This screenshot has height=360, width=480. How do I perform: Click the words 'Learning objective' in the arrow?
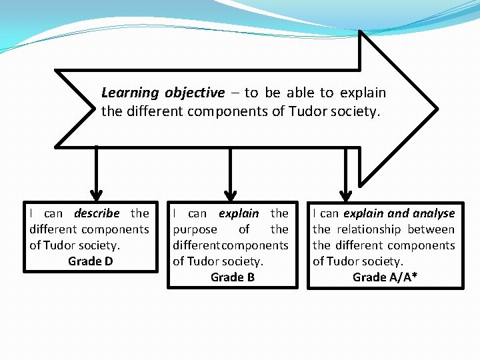163,93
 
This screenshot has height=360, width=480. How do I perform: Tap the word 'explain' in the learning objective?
363,93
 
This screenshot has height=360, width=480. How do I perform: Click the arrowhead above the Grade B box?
230,194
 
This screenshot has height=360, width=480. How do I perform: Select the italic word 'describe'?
97,213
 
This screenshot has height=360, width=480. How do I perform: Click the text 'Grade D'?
90,261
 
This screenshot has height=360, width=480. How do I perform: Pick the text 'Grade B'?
232,277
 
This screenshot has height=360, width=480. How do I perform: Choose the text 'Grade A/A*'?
385,277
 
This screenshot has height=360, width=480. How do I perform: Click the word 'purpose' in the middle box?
195,229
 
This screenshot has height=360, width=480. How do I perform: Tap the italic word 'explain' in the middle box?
239,213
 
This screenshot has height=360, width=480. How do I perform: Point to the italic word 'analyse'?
433,213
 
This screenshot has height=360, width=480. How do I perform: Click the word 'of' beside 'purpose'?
244,229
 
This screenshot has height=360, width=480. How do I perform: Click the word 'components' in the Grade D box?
117,229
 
